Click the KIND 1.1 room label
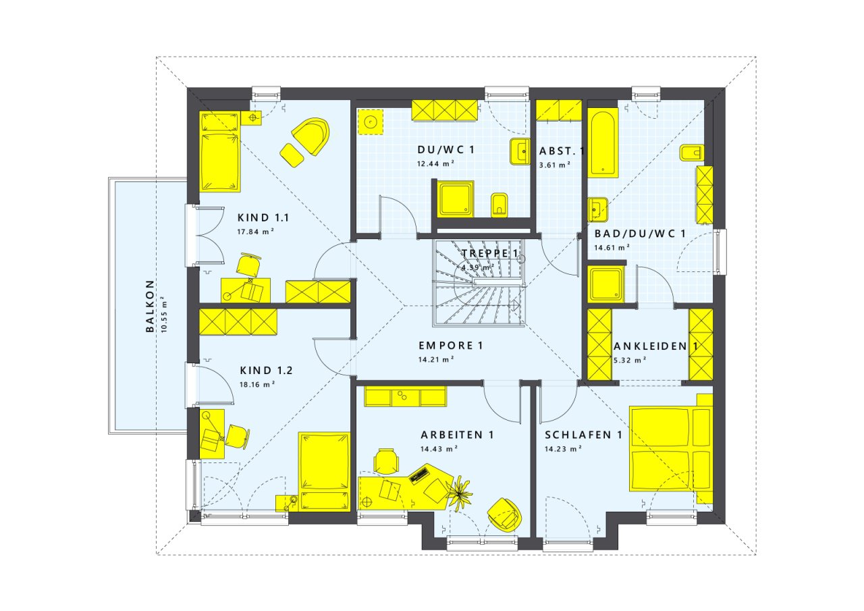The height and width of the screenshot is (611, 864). point(263,218)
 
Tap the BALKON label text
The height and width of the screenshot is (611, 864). point(150,306)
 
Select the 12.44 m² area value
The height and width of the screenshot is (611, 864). point(435,163)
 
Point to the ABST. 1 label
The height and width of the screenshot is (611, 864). point(562,151)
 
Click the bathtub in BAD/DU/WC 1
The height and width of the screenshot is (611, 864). point(603,142)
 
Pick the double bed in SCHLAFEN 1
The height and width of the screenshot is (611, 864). point(671,448)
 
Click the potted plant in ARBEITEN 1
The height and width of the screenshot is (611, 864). point(460,494)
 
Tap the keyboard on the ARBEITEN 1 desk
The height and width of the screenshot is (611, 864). point(419,474)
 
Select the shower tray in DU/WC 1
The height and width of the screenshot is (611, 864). point(456,199)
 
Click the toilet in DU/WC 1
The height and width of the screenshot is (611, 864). point(500,205)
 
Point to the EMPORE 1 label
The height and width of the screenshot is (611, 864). point(450,346)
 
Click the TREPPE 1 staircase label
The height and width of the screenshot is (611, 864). point(490,253)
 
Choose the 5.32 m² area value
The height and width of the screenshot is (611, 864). point(630,361)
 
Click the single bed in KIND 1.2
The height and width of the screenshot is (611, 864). point(324,472)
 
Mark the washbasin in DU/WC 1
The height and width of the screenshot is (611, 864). point(520,151)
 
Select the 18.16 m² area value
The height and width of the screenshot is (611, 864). point(257,385)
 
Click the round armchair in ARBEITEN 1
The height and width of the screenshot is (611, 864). point(504,515)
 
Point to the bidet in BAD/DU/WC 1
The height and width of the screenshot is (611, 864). point(692,153)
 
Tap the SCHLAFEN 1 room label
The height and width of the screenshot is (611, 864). point(583,435)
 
